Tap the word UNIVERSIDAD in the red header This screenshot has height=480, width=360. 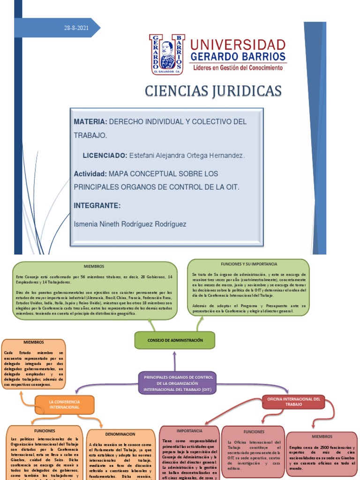238,45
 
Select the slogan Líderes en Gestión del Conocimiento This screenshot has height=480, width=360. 238,68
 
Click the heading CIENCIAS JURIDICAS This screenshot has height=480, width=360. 213,90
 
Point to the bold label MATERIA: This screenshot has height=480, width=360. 90,122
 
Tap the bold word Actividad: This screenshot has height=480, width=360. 90,174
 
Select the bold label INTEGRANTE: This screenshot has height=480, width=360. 97,206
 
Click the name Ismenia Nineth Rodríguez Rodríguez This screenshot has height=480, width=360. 130,224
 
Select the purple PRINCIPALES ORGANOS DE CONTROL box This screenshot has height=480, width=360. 178,383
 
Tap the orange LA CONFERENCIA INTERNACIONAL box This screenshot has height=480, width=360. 65,405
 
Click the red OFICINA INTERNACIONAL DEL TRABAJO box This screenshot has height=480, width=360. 294,402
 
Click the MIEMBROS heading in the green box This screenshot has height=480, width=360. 94,266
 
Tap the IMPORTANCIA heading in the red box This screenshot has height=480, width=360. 189,430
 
